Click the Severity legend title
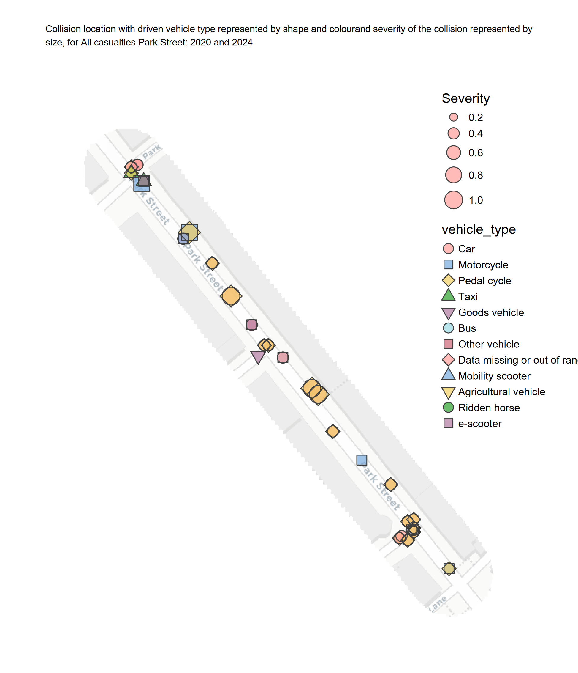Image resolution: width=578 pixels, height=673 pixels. click(465, 98)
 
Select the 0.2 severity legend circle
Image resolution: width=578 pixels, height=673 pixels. click(453, 117)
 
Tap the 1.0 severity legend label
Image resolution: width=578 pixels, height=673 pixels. click(476, 200)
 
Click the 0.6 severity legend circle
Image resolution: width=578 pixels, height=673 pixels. click(453, 153)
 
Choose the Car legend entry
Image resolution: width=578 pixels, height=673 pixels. click(466, 249)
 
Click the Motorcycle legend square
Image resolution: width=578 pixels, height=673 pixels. click(448, 264)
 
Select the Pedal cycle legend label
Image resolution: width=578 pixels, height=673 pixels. click(484, 281)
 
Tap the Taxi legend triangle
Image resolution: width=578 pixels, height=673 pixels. click(448, 295)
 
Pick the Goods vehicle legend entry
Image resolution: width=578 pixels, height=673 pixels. click(491, 312)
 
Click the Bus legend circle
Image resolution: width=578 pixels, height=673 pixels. click(448, 328)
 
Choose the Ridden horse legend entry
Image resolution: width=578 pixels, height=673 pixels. click(489, 408)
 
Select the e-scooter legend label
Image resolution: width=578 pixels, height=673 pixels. click(479, 424)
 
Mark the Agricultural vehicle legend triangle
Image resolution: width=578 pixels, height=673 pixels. click(448, 392)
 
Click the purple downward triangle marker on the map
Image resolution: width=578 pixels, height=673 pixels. click(258, 357)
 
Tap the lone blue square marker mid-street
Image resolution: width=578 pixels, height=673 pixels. click(362, 460)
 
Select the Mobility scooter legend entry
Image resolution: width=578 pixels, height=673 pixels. click(494, 376)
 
